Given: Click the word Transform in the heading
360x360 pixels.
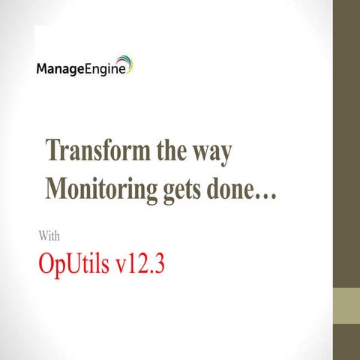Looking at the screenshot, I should click(x=94, y=150).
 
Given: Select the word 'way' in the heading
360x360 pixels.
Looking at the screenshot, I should click(x=212, y=152).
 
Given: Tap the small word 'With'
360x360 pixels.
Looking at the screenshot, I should click(x=49, y=237).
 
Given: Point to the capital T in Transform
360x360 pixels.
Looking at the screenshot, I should click(x=53, y=150).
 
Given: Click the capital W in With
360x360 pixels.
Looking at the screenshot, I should click(x=42, y=237).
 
